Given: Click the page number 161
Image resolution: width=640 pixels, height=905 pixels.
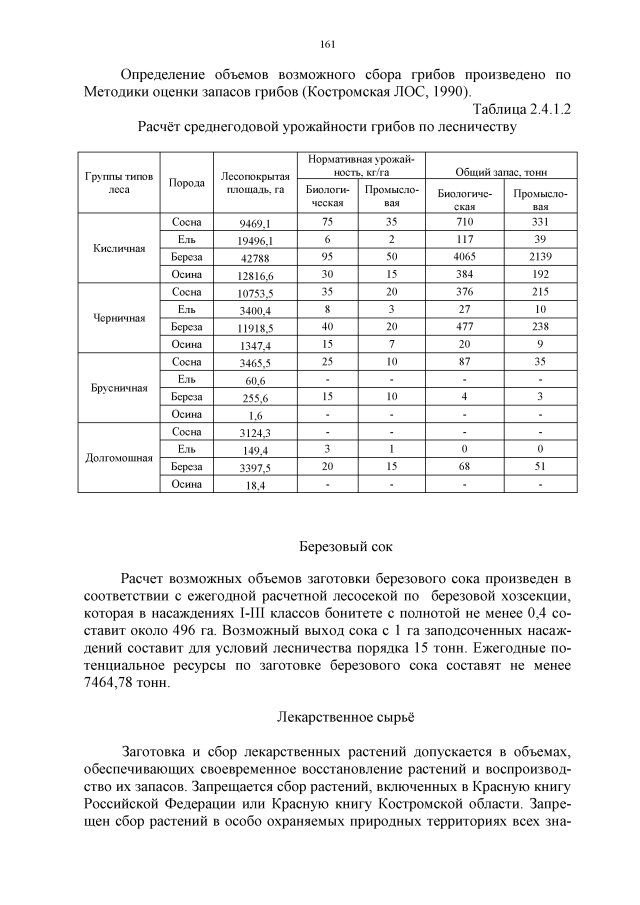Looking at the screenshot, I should [326, 43].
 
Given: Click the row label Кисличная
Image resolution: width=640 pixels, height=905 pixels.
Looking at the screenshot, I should [119, 248].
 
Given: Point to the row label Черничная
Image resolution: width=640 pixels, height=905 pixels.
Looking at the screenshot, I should [119, 318].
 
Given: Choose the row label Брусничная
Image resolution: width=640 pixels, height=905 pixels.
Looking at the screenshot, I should [119, 388].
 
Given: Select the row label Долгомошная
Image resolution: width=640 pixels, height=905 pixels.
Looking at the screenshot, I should [119, 458].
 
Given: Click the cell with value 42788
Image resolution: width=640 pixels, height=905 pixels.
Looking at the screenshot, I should [255, 258].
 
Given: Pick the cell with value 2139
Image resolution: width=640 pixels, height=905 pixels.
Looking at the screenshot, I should [540, 257].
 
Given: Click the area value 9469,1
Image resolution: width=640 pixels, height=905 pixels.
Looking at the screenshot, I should [255, 223].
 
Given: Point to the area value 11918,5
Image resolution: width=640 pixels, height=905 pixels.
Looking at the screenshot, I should [255, 328].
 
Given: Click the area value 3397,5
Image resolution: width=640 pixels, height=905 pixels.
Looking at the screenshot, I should [255, 468].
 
